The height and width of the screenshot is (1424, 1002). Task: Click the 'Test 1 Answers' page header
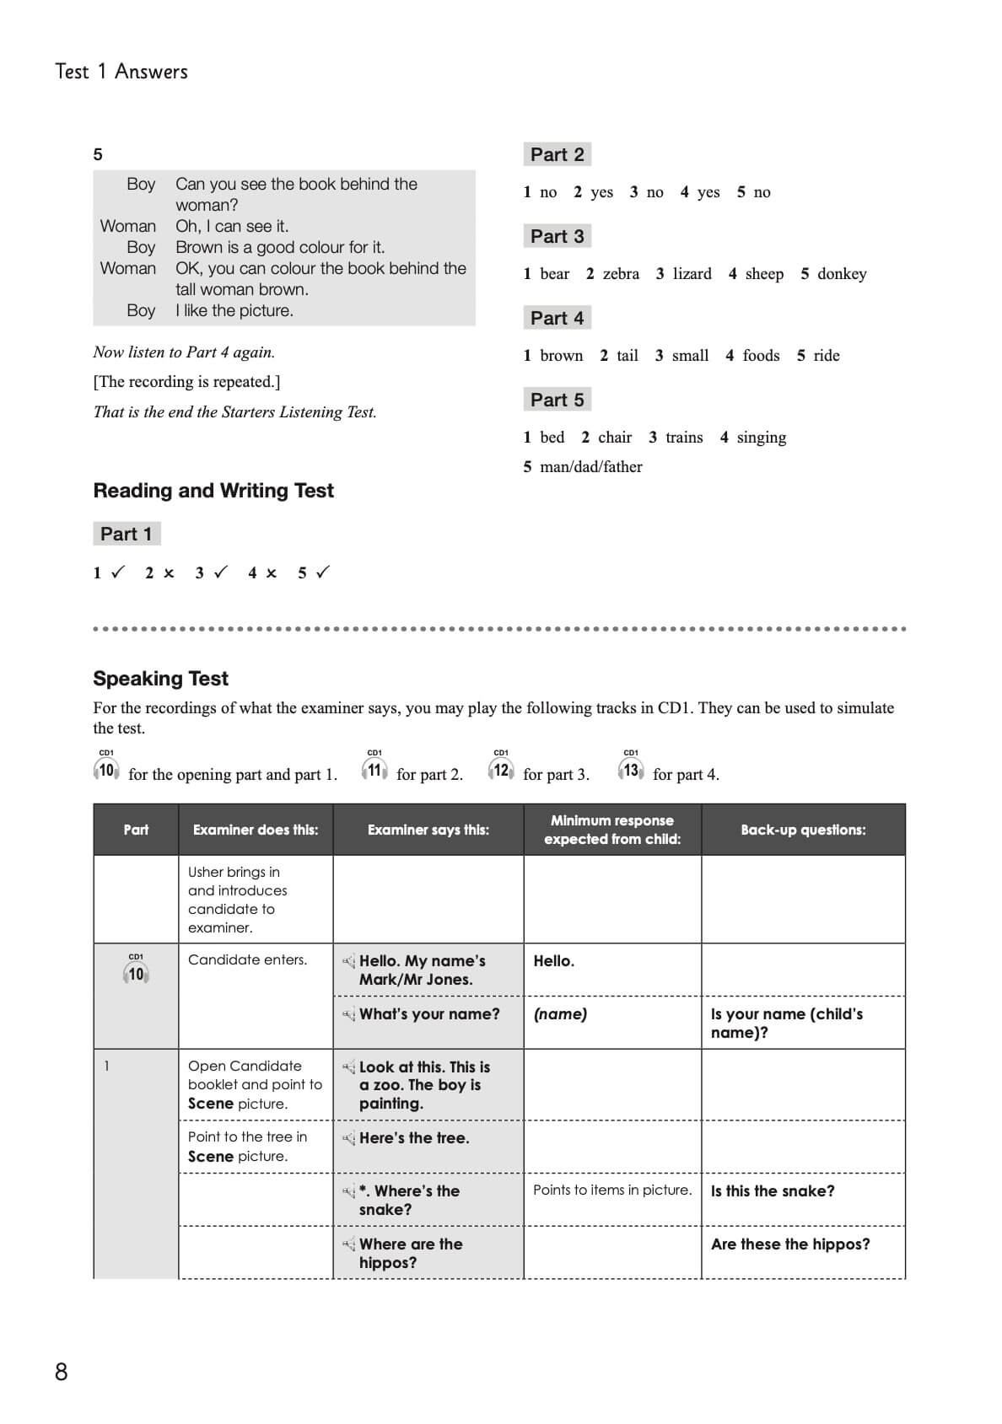click(x=121, y=72)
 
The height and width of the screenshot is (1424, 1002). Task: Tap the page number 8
click(x=61, y=1372)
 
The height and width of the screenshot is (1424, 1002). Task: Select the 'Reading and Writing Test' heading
click(x=213, y=491)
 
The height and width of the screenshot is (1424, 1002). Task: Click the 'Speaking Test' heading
click(x=160, y=679)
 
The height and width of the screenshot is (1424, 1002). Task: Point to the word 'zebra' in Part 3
click(x=621, y=274)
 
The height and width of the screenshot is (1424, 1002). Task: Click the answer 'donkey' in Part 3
click(x=842, y=274)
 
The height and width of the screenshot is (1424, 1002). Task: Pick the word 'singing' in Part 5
click(x=761, y=438)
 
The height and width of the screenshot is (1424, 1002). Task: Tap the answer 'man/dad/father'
click(x=590, y=467)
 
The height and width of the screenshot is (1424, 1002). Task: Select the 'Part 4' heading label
click(x=557, y=318)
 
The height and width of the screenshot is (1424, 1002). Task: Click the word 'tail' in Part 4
click(x=627, y=356)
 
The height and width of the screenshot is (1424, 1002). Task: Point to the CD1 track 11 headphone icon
click(x=374, y=769)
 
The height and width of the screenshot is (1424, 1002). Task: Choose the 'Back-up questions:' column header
click(x=803, y=830)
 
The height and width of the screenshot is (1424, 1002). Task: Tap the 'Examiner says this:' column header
click(x=428, y=830)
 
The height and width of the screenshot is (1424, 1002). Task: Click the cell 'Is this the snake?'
click(x=773, y=1191)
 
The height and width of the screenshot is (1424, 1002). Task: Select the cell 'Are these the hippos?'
click(x=790, y=1244)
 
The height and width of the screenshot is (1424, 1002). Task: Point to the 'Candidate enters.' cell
click(x=247, y=960)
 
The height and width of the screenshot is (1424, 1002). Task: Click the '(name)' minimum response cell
click(x=560, y=1014)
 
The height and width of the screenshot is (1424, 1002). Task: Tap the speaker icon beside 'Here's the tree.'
click(x=348, y=1139)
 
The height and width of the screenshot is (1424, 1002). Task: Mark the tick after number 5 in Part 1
click(x=322, y=572)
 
